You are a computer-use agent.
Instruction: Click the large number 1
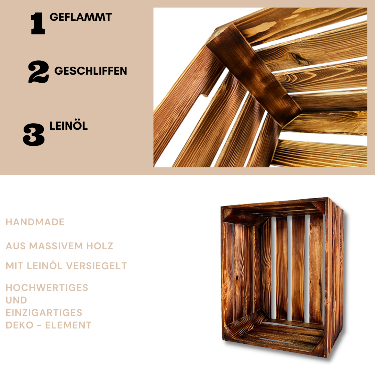point(38,24)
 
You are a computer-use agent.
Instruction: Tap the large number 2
point(39,72)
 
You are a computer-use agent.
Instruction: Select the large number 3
point(34,135)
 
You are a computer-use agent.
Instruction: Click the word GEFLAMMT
point(81,17)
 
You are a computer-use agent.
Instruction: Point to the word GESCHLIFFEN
point(91,71)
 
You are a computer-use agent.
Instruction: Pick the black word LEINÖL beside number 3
point(68,126)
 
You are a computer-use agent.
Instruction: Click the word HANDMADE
point(35,222)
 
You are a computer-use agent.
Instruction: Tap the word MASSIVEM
point(56,246)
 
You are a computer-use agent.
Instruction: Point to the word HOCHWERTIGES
point(47,288)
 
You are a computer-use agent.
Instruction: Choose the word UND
point(16,300)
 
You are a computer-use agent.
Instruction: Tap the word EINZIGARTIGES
point(44,313)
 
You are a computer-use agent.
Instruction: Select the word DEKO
point(19,325)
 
